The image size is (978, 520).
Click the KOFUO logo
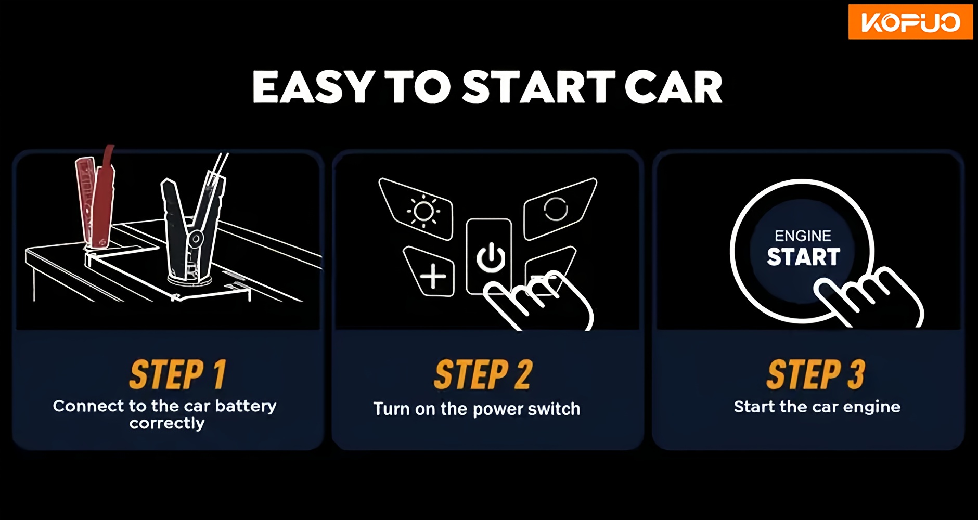pos(910,22)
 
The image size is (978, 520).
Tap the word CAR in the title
pos(673,87)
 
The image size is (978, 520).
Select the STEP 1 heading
pos(177,374)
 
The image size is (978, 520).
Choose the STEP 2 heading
pos(483,374)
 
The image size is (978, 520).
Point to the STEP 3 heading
pos(816,374)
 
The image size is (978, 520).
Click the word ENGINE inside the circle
pos(803,236)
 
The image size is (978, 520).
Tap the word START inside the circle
pos(803,257)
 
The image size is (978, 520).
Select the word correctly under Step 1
pos(167,424)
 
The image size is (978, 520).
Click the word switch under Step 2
pos(554,409)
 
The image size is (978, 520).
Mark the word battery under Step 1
pos(246,406)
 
